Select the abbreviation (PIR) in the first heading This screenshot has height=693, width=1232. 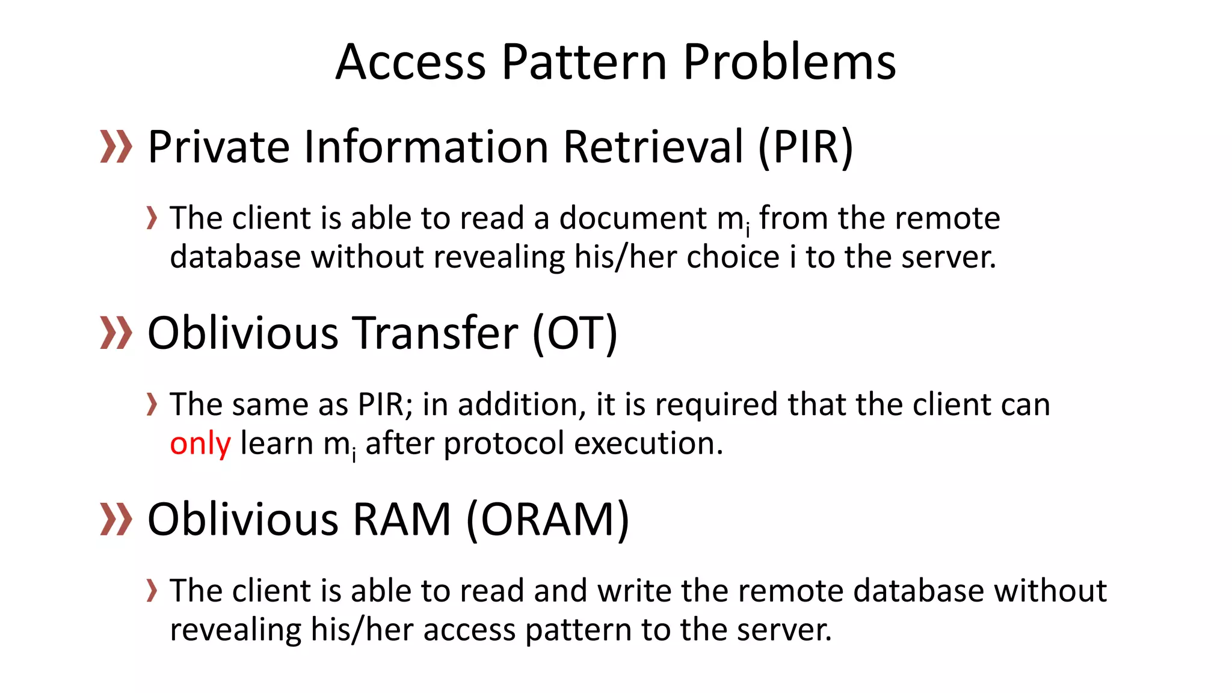click(805, 147)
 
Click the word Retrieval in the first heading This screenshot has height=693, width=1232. click(653, 147)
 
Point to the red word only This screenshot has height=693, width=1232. click(200, 444)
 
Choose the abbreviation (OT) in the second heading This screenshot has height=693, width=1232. click(574, 333)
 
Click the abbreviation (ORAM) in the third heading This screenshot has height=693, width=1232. click(547, 520)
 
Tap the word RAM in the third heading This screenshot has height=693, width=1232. click(401, 520)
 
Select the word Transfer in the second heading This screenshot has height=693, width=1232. click(434, 333)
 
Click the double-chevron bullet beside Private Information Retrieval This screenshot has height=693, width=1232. click(115, 147)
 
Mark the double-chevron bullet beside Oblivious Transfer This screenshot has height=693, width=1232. click(115, 333)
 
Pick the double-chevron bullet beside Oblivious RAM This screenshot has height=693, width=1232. click(115, 520)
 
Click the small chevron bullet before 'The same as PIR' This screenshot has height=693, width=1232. click(152, 404)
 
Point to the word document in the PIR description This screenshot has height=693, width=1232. click(633, 218)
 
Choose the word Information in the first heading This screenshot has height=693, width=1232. click(426, 147)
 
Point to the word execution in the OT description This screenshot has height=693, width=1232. click(648, 444)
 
